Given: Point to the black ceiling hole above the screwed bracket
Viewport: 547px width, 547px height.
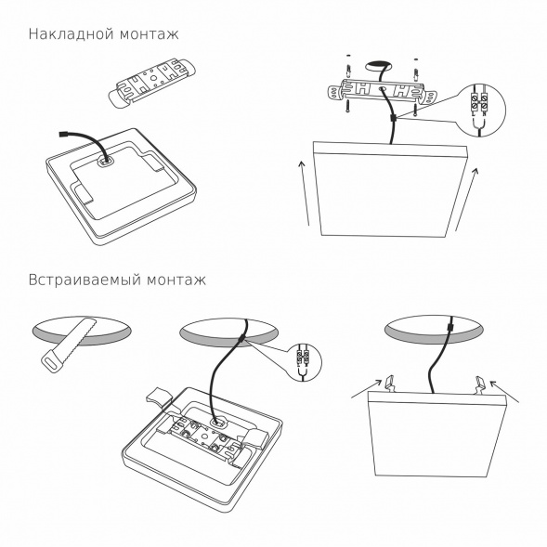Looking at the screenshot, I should tap(380, 67).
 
